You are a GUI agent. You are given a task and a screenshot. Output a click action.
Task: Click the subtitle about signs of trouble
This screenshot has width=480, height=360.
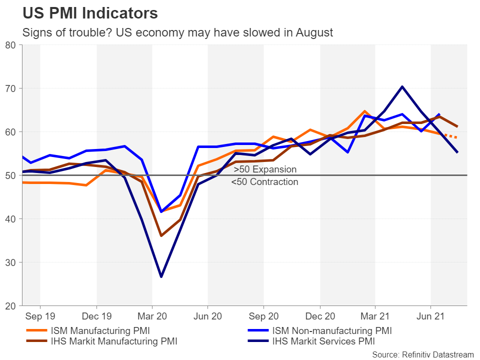[x=177, y=33]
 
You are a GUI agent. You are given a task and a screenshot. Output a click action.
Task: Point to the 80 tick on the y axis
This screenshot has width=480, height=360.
[x=11, y=45]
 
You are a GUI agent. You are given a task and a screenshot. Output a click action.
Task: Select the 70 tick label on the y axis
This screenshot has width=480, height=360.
[x=11, y=88]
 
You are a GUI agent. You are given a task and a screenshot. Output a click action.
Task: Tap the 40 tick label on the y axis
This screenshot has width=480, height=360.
[x=11, y=219]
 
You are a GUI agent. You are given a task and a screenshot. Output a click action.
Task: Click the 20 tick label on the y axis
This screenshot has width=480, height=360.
[x=11, y=305]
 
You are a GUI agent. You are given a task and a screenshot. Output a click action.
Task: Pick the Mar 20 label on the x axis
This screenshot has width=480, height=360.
[x=152, y=316]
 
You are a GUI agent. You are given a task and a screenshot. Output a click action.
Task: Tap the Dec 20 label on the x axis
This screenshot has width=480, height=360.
[x=319, y=316]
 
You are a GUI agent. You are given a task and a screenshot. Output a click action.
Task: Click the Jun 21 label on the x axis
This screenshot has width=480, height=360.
[x=431, y=316]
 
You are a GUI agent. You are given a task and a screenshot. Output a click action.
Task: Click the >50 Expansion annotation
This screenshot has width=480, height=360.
[x=265, y=169]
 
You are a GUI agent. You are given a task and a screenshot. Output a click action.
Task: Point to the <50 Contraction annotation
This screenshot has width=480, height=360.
[x=264, y=182]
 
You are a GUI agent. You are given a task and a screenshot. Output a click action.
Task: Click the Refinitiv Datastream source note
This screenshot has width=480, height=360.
[x=422, y=354]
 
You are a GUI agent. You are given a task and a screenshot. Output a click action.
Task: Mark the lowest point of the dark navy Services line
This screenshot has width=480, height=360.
[x=161, y=276]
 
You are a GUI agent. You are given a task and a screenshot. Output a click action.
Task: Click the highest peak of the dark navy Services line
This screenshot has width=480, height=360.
[x=402, y=86]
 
